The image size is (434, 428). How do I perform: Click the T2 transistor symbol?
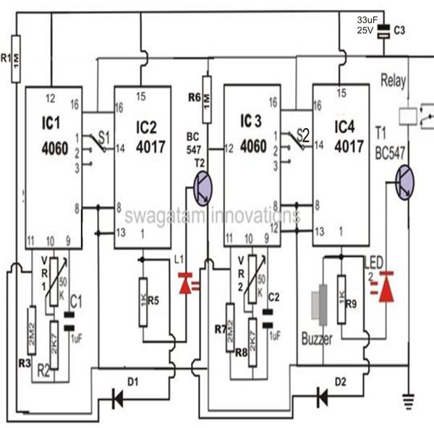click(x=203, y=188)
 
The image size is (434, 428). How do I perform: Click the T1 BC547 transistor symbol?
click(x=404, y=182)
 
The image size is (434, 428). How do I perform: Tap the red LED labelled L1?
click(x=186, y=283)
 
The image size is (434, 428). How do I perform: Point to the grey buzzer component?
click(x=320, y=305)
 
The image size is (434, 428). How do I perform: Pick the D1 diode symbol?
click(x=117, y=399)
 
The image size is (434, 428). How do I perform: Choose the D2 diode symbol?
click(x=322, y=398)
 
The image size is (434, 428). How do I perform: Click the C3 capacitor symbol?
click(x=384, y=31)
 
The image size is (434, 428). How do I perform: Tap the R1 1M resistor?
click(x=16, y=59)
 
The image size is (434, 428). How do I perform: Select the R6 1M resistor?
click(x=207, y=100)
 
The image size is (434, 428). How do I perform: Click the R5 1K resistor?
click(x=143, y=302)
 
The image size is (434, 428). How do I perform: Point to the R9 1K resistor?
click(x=341, y=299)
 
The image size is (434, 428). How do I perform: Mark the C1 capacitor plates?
click(x=69, y=322)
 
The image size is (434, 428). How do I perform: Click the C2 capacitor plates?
click(x=268, y=319)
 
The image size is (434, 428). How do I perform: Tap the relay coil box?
click(x=408, y=116)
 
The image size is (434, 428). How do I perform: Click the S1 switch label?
click(x=104, y=137)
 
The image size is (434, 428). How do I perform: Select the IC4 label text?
click(x=344, y=127)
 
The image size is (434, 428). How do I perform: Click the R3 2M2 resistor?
click(x=32, y=330)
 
